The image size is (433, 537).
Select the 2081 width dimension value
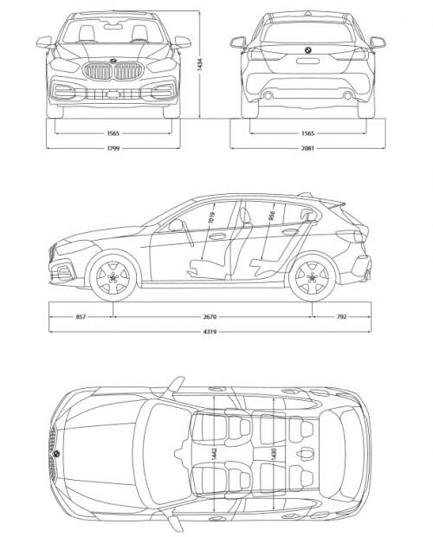click(307, 148)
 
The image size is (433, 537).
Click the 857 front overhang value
click(81, 317)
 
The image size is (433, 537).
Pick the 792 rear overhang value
click(340, 317)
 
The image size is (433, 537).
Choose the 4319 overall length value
click(210, 333)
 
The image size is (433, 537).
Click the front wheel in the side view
click(113, 277)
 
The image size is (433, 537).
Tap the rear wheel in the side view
click(311, 277)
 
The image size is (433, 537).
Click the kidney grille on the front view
click(113, 72)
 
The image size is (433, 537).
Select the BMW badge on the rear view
click(307, 55)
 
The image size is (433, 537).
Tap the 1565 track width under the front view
click(113, 133)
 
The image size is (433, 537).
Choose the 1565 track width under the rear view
click(307, 133)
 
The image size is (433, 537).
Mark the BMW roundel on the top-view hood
click(55, 454)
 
